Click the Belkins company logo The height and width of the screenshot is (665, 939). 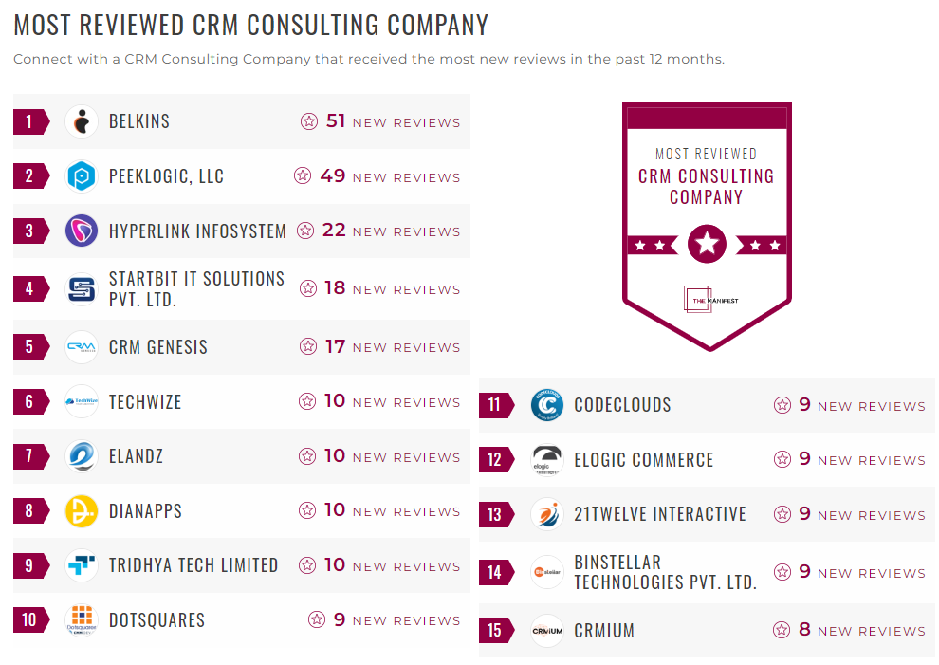click(x=82, y=121)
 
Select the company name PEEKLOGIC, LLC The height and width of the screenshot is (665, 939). click(x=166, y=176)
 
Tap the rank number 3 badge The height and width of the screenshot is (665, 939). click(x=29, y=231)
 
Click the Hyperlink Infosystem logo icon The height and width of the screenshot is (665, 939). click(x=82, y=231)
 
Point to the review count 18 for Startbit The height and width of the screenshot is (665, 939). click(x=335, y=288)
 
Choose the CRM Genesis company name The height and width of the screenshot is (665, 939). click(x=157, y=347)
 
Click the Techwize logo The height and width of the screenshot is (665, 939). click(x=82, y=402)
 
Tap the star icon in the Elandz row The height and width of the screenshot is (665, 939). click(x=307, y=456)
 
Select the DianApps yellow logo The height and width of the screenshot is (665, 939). click(x=82, y=511)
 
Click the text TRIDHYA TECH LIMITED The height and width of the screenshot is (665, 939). click(x=193, y=565)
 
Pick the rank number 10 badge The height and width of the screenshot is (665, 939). click(x=29, y=620)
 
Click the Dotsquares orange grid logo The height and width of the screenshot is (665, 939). click(x=82, y=619)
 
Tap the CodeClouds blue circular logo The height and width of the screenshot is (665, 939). click(x=547, y=406)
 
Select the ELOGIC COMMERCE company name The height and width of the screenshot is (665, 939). click(x=643, y=460)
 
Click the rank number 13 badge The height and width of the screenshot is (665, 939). click(x=494, y=515)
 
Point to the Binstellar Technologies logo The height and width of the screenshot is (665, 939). click(x=547, y=572)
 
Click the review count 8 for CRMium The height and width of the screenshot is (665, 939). click(x=804, y=630)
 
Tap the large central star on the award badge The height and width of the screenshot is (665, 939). click(x=707, y=245)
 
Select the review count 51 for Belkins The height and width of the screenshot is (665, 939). click(x=336, y=121)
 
